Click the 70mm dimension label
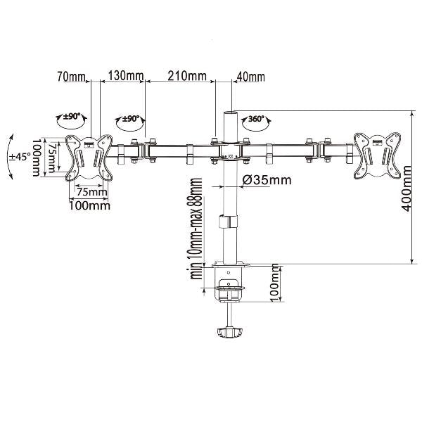[71, 77]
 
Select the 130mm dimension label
[126, 76]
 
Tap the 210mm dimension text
[187, 76]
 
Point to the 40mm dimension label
[250, 77]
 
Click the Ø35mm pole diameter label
[267, 180]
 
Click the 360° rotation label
[256, 119]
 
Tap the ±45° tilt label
[20, 157]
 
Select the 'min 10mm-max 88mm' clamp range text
[196, 229]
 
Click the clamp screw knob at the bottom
[229, 332]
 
